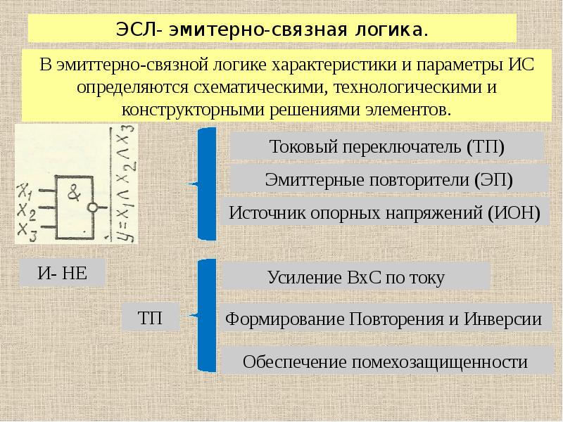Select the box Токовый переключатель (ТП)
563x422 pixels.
387,147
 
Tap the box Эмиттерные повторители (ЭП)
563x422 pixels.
388,179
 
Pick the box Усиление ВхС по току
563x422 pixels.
356,277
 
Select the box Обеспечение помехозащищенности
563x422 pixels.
385,362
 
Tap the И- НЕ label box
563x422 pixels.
62,273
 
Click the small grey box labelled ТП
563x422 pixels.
149,318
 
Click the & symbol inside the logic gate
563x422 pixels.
72,192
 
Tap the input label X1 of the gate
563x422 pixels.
25,189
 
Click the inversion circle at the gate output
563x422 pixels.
92,208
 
